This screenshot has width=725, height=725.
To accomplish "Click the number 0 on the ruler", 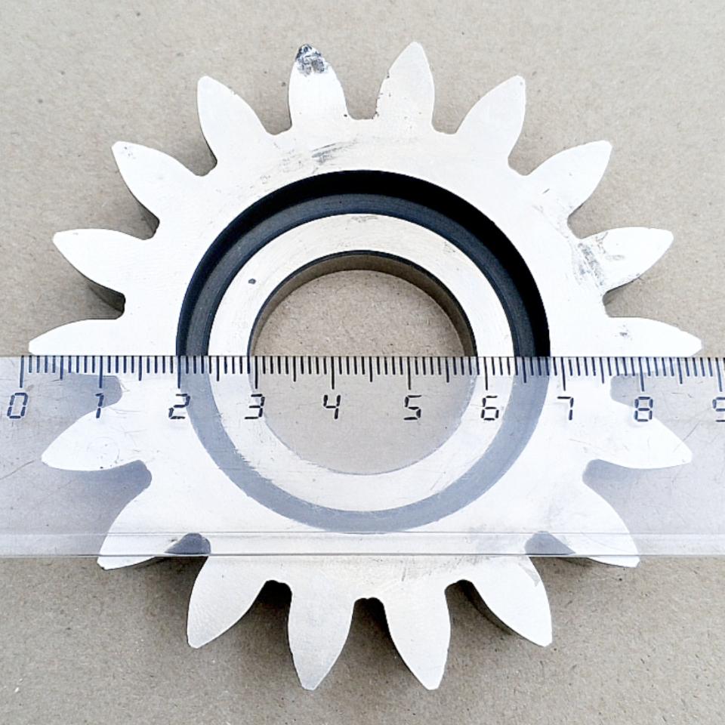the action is pyautogui.click(x=16, y=407).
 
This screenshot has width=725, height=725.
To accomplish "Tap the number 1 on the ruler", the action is pyautogui.click(x=98, y=406).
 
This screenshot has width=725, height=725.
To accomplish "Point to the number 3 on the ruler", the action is pyautogui.click(x=255, y=406).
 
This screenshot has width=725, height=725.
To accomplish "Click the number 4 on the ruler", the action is pyautogui.click(x=332, y=407).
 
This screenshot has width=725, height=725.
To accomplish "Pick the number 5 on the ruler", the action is pyautogui.click(x=412, y=407).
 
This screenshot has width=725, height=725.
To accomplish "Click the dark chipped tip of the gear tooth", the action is pyautogui.click(x=310, y=59).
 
